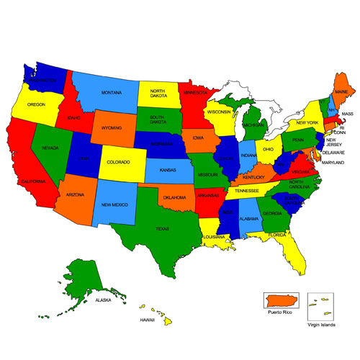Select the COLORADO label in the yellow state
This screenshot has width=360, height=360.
coord(118,162)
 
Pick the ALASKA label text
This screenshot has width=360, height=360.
coord(104,300)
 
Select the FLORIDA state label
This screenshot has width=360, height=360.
coord(278,235)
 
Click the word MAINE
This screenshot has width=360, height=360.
coord(341,92)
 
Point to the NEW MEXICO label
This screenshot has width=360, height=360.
coord(115,204)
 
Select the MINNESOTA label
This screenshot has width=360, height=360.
coord(195,92)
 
